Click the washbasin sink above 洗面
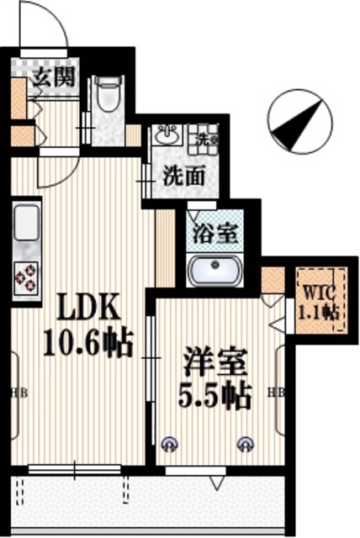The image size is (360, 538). (165, 134)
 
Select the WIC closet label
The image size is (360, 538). (320, 295)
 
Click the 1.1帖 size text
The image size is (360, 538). (320, 311)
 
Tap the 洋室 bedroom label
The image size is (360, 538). (215, 363)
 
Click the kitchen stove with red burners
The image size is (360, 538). (25, 276)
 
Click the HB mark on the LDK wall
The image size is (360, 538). (18, 392)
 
